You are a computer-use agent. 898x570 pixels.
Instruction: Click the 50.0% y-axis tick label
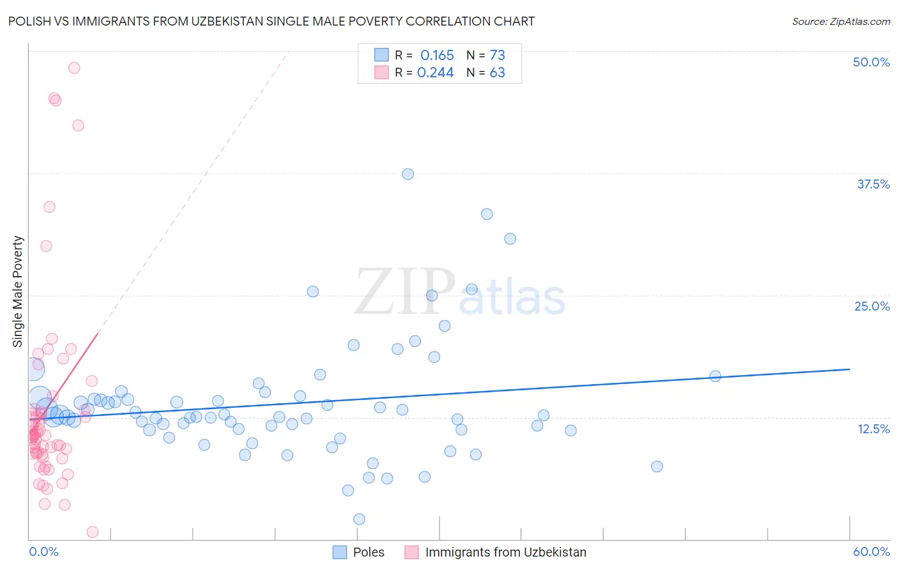click(x=871, y=62)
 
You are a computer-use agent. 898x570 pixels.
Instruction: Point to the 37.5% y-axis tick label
click(x=873, y=184)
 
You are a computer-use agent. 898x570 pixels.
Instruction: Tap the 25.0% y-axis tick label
click(x=872, y=306)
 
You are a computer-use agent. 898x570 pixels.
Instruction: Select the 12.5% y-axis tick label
click(x=873, y=429)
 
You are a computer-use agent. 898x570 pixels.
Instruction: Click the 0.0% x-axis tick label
click(x=43, y=551)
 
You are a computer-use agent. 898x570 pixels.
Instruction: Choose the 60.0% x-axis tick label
click(x=871, y=551)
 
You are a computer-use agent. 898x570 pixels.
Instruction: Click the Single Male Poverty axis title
click(x=18, y=291)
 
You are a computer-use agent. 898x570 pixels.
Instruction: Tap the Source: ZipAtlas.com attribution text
click(x=841, y=21)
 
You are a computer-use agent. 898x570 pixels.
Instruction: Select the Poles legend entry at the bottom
click(x=359, y=552)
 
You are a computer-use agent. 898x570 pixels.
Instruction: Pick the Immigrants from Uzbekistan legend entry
click(x=496, y=552)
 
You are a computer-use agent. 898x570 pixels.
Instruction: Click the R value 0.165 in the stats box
click(x=437, y=55)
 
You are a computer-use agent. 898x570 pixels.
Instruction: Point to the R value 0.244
click(x=435, y=73)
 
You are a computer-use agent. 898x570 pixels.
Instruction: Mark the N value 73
click(x=497, y=55)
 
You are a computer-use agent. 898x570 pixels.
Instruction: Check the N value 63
click(x=497, y=73)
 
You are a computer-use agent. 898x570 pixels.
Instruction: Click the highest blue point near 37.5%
click(x=407, y=174)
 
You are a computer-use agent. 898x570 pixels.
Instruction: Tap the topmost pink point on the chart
click(x=74, y=68)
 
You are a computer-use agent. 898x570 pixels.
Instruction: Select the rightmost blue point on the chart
click(x=715, y=376)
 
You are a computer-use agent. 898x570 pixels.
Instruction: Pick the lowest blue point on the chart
click(x=359, y=519)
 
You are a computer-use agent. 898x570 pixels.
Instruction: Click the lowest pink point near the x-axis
click(x=92, y=532)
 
